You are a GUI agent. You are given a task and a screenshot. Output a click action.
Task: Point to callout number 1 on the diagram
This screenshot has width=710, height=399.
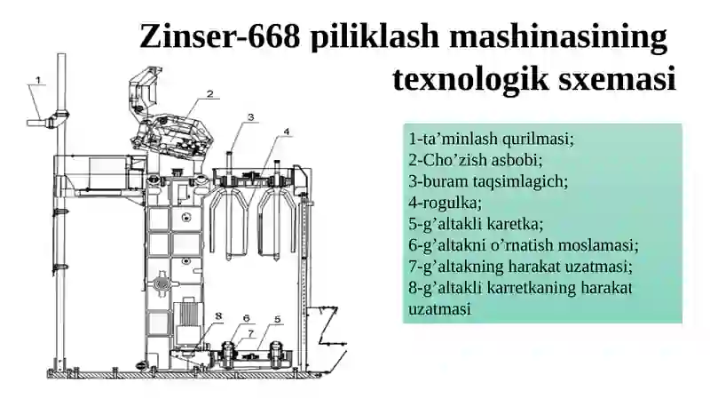tap(38, 80)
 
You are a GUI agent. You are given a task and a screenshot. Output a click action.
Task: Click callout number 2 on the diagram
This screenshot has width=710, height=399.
tap(210, 92)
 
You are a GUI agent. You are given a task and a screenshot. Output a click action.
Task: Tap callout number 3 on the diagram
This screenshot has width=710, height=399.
tap(251, 116)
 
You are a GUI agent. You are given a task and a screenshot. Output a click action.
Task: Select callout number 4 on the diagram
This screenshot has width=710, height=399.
tap(286, 132)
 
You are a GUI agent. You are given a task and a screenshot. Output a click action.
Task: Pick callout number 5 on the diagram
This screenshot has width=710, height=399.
tap(277, 319)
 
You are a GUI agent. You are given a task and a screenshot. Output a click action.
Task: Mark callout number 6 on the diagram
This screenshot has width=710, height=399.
tap(247, 318)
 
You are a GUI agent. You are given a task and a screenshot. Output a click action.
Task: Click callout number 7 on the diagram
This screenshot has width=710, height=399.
tap(251, 334)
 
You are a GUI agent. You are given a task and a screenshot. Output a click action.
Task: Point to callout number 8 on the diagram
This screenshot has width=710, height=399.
tap(218, 314)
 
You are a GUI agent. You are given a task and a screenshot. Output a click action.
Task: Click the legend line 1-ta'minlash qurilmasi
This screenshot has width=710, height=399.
tap(492, 140)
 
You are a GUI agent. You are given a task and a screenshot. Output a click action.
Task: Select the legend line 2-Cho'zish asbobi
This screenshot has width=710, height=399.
tap(476, 161)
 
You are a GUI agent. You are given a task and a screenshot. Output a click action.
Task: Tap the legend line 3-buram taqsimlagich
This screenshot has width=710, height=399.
tap(487, 182)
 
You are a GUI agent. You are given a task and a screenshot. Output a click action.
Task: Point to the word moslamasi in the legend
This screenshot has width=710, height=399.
tap(603, 245)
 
